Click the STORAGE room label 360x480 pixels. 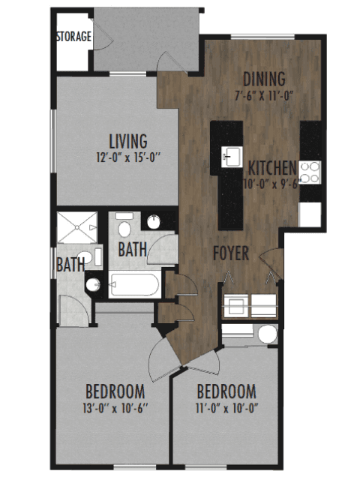(x=73, y=37)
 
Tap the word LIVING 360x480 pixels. (x=128, y=142)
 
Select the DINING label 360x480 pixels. (x=264, y=79)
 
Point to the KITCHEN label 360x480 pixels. (x=272, y=168)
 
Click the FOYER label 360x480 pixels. (x=231, y=253)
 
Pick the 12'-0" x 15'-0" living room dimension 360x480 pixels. (x=128, y=157)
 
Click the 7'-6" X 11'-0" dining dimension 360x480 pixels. (x=264, y=96)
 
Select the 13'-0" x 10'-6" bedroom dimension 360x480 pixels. (x=115, y=408)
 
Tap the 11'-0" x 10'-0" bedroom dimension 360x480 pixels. (x=226, y=408)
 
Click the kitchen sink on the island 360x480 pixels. (x=232, y=157)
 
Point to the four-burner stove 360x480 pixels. (x=310, y=172)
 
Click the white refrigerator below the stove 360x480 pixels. (x=310, y=214)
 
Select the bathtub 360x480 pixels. (x=135, y=285)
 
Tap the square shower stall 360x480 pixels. (x=77, y=227)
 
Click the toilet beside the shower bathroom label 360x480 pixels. (x=85, y=257)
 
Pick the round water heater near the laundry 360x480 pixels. (x=268, y=334)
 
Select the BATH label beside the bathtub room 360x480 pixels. (x=132, y=250)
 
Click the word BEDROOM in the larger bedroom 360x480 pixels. (x=115, y=391)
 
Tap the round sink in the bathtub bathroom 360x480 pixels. (x=154, y=222)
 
